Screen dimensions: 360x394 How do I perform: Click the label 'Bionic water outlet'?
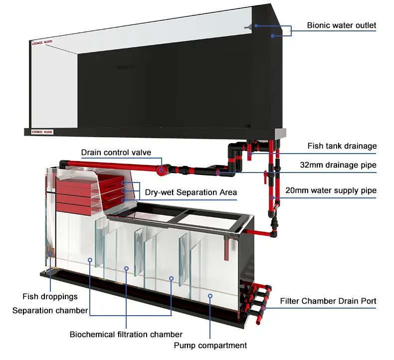[x=341, y=25]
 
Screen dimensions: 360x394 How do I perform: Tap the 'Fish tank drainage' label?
[x=342, y=146]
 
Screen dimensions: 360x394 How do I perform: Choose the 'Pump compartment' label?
[x=210, y=345]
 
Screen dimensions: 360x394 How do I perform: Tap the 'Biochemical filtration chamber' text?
[x=126, y=334]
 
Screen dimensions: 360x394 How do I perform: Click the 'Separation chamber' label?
[x=50, y=310]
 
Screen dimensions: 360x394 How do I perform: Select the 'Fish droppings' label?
[x=50, y=297]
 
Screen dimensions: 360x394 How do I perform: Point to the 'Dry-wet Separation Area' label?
[x=191, y=192]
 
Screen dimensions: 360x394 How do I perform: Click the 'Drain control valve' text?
[x=116, y=152]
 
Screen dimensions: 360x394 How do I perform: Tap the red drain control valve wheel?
[x=161, y=170]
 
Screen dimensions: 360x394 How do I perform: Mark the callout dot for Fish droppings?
[x=50, y=254]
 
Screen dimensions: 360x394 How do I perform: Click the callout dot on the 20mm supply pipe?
[x=272, y=198]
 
